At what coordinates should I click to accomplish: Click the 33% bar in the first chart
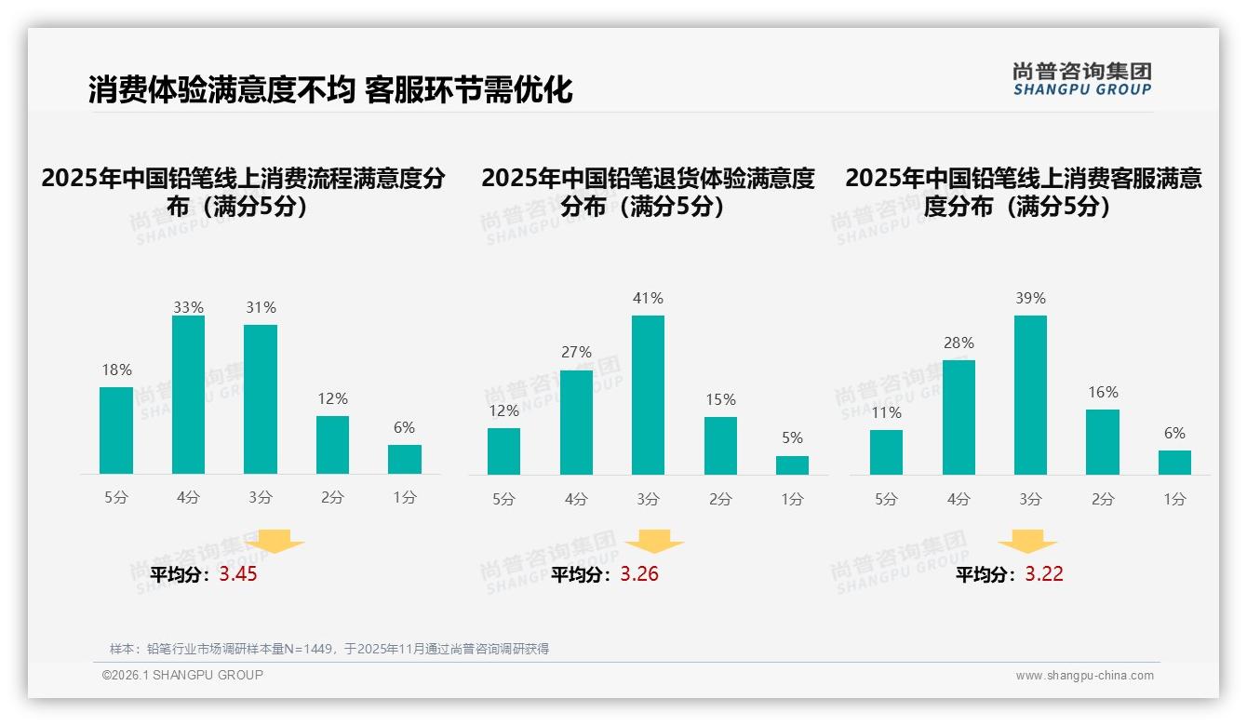point(188,395)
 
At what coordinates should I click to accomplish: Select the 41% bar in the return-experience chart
point(648,395)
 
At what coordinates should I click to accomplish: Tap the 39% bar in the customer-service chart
point(1030,395)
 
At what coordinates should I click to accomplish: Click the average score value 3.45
point(238,574)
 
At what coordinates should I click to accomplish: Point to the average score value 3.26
point(639,574)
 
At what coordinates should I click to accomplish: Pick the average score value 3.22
point(1044,574)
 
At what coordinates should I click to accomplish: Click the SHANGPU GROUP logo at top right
point(1081,79)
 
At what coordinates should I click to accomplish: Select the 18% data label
point(116,370)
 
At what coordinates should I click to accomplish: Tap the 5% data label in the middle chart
point(792,438)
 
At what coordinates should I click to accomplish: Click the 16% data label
point(1103,393)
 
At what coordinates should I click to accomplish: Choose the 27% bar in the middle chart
point(576,422)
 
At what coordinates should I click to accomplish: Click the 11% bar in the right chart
point(886,451)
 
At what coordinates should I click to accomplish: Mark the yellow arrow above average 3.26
point(654,542)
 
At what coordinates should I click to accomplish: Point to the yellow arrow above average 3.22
point(1027,542)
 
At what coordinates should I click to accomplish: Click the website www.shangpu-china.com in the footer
point(1084,676)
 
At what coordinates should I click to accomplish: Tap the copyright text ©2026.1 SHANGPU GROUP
point(182,675)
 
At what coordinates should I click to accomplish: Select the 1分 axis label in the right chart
point(1174,500)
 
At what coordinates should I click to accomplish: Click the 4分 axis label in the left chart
point(188,498)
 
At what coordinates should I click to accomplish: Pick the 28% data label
point(959,343)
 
